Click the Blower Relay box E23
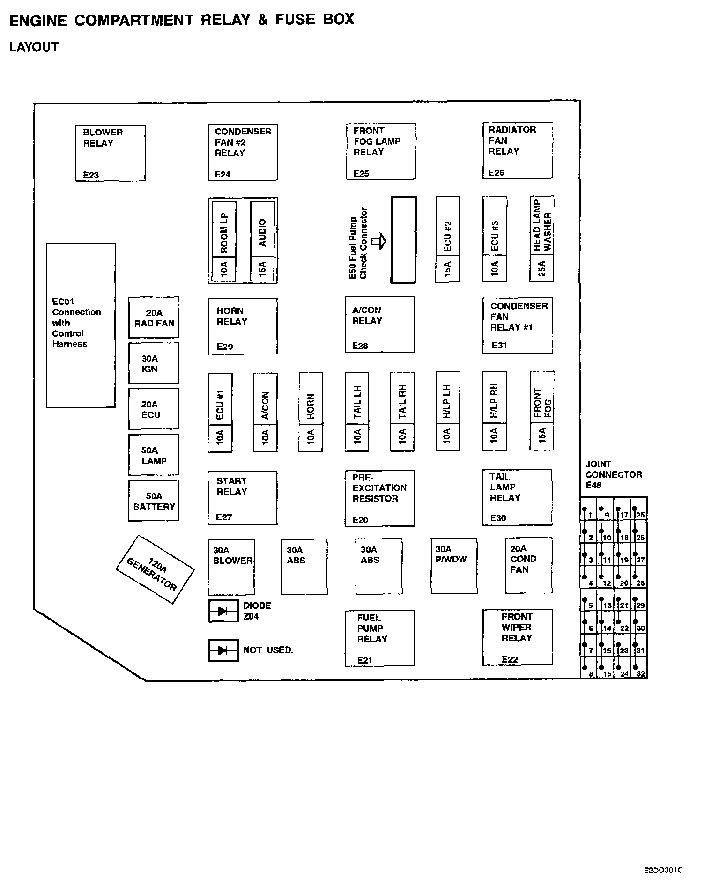point(110,153)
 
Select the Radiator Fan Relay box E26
point(518,150)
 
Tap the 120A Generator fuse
point(155,569)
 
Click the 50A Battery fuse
point(154,501)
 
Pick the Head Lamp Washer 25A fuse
point(541,239)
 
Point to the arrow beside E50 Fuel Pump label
point(378,242)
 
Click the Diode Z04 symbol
point(223,611)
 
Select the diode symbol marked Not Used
point(223,650)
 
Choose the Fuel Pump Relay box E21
point(379,638)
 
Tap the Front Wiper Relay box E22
point(518,637)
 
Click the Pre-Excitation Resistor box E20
point(379,498)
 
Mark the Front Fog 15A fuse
point(541,411)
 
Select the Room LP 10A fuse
point(224,241)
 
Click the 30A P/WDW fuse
point(454,566)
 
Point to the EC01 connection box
point(81,325)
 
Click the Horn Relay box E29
point(243,326)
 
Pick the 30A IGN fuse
point(154,363)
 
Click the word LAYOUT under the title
point(34,47)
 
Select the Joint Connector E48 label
point(613,474)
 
